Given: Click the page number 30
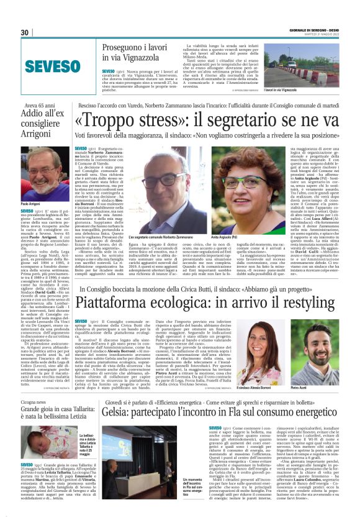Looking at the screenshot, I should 25,32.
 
